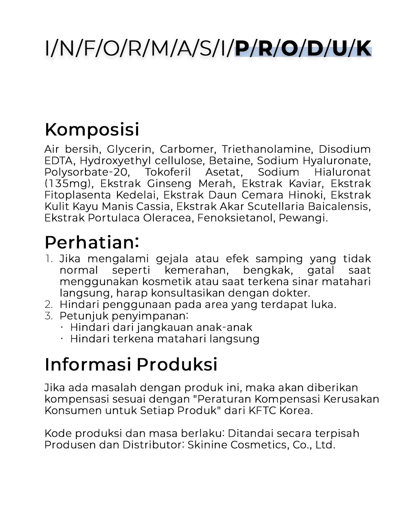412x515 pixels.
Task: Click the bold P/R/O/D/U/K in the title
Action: coord(303,49)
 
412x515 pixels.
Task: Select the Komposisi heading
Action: coord(92,129)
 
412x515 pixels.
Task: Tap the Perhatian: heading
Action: coord(92,242)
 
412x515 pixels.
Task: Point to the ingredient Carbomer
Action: coord(187,149)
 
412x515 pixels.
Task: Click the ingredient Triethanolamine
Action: coord(266,149)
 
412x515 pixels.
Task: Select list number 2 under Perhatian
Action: coord(48,304)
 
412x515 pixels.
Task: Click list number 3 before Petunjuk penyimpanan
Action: coord(48,316)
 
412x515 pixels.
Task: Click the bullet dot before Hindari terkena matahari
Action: coord(62,338)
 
